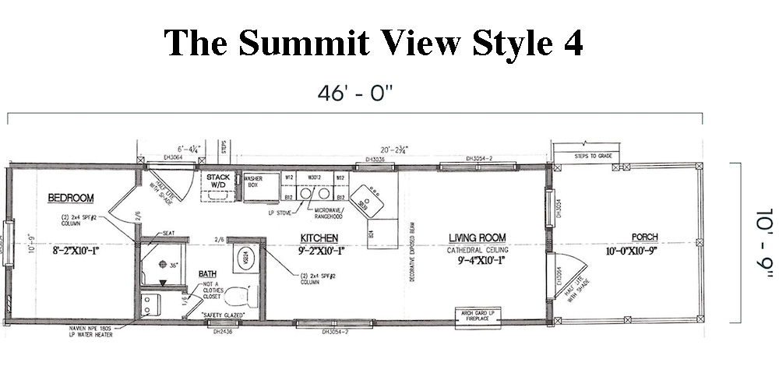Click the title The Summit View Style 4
pos(373,43)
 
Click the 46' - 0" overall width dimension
pos(355,93)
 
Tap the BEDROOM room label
pos(71,198)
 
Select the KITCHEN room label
pos(319,237)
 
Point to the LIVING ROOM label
pos(477,238)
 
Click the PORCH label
pos(646,238)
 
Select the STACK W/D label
pos(218,181)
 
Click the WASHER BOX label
pos(252,181)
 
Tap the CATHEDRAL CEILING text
pos(476,250)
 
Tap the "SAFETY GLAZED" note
pos(224,315)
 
